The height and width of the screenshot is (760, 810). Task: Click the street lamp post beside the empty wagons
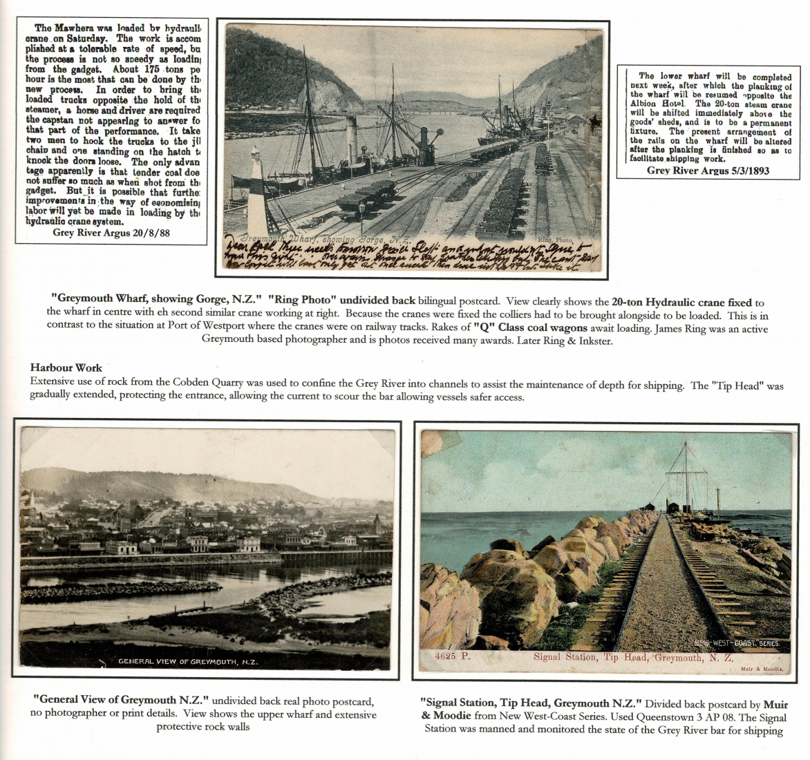(x=361, y=214)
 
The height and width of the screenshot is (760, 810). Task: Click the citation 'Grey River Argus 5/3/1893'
(x=708, y=171)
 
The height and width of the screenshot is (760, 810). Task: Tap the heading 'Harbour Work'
(x=66, y=368)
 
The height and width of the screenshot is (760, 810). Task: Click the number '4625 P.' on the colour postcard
(x=453, y=657)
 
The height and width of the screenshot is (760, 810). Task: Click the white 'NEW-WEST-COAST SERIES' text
(x=737, y=643)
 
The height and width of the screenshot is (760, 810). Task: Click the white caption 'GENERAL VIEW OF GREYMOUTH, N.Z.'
(x=188, y=661)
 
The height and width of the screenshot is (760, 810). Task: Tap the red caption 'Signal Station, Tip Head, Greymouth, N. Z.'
(x=632, y=657)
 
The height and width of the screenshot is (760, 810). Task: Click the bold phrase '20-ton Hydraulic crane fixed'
(x=681, y=302)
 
